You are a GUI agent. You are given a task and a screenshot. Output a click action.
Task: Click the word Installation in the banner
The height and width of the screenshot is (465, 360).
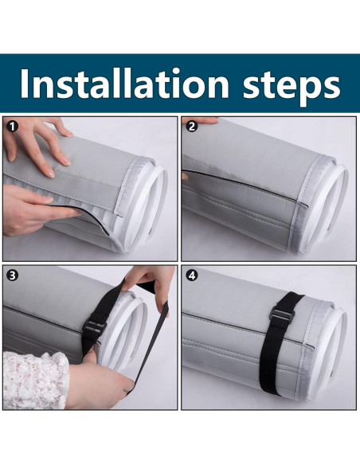pyautogui.click(x=124, y=84)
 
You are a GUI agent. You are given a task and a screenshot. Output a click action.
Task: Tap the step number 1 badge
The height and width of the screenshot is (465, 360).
pyautogui.click(x=13, y=127)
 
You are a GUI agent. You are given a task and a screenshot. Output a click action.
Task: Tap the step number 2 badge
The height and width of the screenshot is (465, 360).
pyautogui.click(x=192, y=127)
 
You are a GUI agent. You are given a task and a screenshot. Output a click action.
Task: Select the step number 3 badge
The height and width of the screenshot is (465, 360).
pyautogui.click(x=12, y=275)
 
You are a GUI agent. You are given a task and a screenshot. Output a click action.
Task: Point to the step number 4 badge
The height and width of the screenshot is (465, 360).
pyautogui.click(x=192, y=275)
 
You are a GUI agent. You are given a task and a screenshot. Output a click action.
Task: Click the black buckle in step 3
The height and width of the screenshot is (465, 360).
pyautogui.click(x=95, y=328)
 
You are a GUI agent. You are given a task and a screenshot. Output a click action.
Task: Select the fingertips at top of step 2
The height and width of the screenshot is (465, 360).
pyautogui.click(x=200, y=120)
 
